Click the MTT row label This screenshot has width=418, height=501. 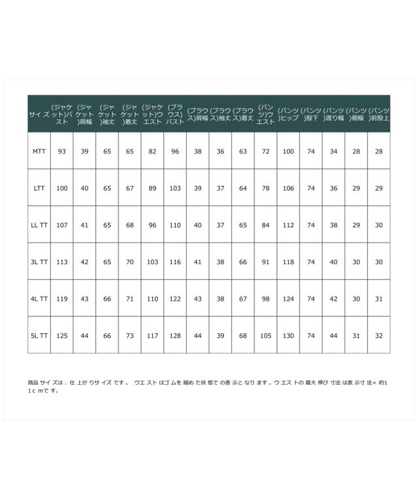click(x=39, y=151)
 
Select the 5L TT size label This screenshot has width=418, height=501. click(x=39, y=335)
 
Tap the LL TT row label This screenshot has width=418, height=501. click(x=39, y=225)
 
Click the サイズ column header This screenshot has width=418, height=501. click(x=39, y=114)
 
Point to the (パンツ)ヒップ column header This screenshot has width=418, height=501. click(x=288, y=114)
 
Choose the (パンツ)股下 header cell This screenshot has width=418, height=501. click(x=311, y=114)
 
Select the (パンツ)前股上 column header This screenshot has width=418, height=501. click(x=379, y=114)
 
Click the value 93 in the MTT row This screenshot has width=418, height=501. click(x=62, y=151)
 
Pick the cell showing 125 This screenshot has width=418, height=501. click(x=62, y=335)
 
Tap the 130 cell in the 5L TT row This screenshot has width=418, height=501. click(x=288, y=335)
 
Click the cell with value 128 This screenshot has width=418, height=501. click(x=175, y=335)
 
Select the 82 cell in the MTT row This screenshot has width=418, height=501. click(x=153, y=151)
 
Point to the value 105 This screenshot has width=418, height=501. click(x=266, y=335)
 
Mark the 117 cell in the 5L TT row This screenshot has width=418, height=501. click(x=153, y=335)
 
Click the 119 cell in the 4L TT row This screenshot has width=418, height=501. click(x=62, y=299)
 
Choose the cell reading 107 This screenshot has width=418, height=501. click(x=62, y=225)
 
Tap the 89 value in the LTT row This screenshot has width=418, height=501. click(x=153, y=188)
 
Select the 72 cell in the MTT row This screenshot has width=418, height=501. click(x=266, y=151)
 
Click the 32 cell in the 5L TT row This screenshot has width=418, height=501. click(x=379, y=335)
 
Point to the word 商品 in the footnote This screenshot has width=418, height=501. click(x=33, y=382)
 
